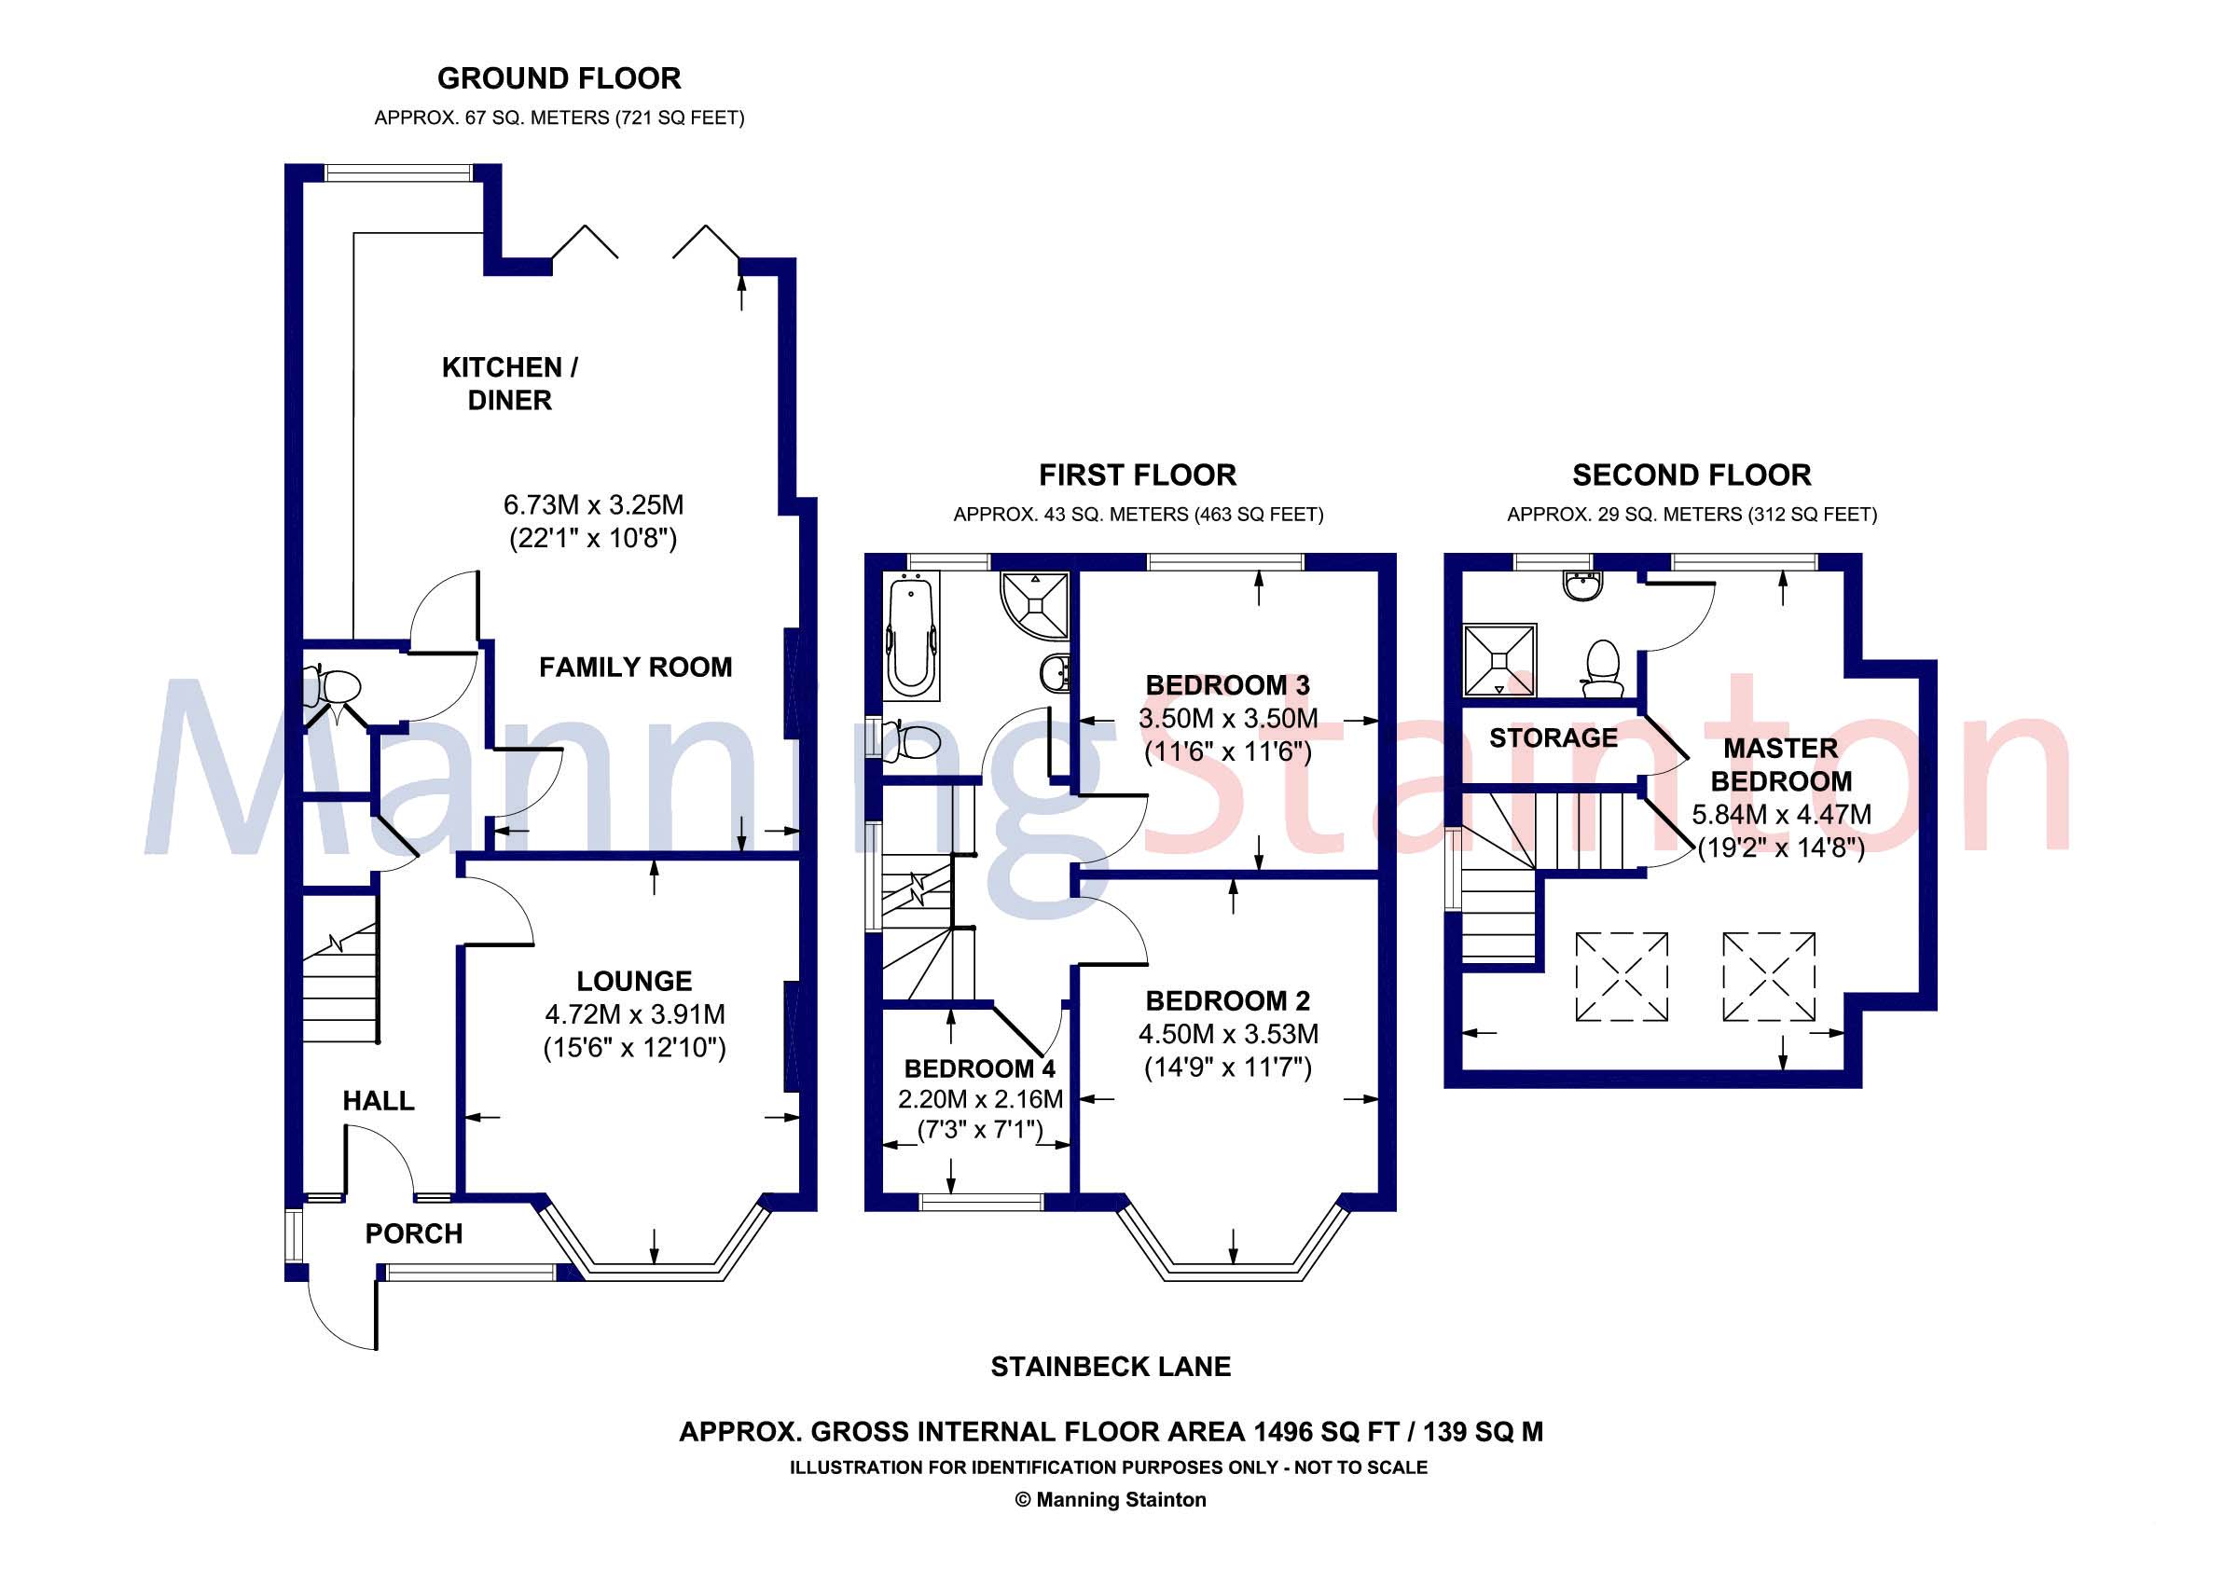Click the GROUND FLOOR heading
tap(559, 78)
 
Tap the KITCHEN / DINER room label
tap(509, 383)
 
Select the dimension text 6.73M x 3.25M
tap(592, 504)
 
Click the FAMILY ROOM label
tap(635, 667)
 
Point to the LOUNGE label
tap(634, 981)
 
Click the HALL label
tap(378, 1100)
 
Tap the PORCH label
tap(413, 1233)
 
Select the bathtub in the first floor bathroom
tap(912, 634)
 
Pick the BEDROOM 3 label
tap(1227, 685)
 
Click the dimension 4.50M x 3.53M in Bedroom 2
tap(1228, 1034)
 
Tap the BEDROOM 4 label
tap(980, 1068)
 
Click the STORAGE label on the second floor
tap(1553, 737)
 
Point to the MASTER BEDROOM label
tap(1780, 764)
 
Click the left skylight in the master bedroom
tap(1621, 977)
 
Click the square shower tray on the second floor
tap(1499, 660)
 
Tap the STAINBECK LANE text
tap(1111, 1367)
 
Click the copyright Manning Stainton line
tap(1111, 1499)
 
